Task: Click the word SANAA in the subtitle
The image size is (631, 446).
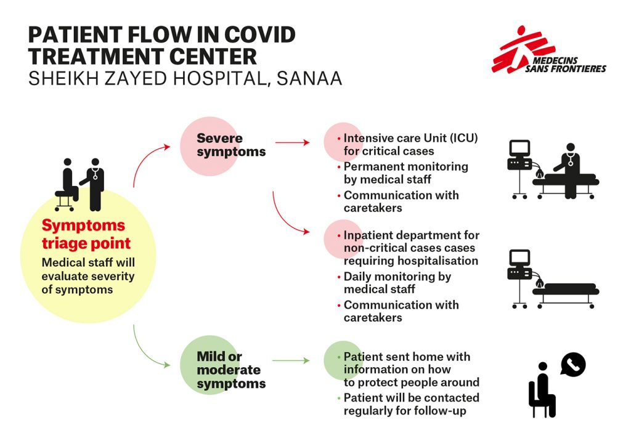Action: pyautogui.click(x=308, y=78)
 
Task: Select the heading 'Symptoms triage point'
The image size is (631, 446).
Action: pyautogui.click(x=83, y=233)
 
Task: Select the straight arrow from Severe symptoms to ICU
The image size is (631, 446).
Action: pyautogui.click(x=292, y=142)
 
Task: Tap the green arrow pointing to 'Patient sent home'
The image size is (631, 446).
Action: pyautogui.click(x=290, y=360)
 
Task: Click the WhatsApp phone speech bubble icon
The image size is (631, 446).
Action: pyautogui.click(x=573, y=365)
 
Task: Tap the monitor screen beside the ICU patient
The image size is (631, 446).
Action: pyautogui.click(x=519, y=148)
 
